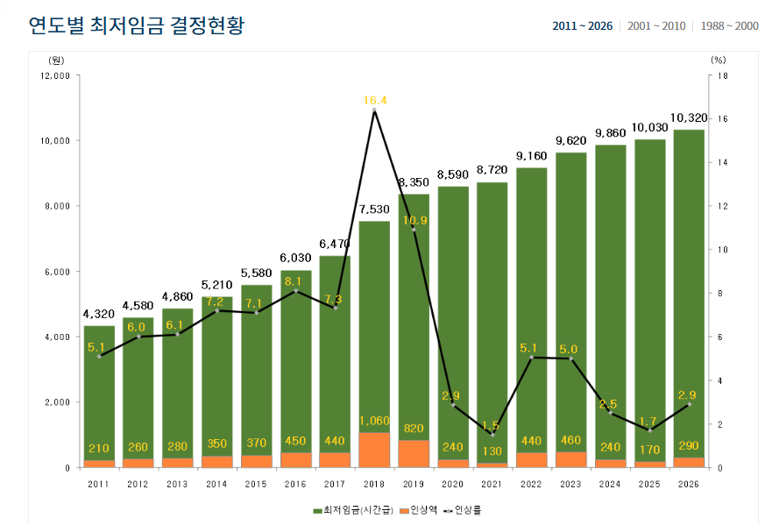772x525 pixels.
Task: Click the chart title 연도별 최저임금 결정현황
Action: click(x=136, y=25)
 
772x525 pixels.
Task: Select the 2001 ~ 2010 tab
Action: click(x=655, y=26)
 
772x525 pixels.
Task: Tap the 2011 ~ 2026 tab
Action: click(x=582, y=26)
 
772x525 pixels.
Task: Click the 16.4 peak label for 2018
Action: click(x=375, y=100)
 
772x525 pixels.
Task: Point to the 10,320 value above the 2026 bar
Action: click(x=689, y=117)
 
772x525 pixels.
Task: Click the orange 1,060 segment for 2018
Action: click(x=375, y=450)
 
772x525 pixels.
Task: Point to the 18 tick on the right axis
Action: click(x=722, y=76)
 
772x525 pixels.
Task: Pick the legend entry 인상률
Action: click(x=464, y=508)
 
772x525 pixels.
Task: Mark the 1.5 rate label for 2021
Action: click(x=491, y=426)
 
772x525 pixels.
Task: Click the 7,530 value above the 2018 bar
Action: click(x=375, y=209)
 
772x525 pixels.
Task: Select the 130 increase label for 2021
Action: click(x=492, y=452)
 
